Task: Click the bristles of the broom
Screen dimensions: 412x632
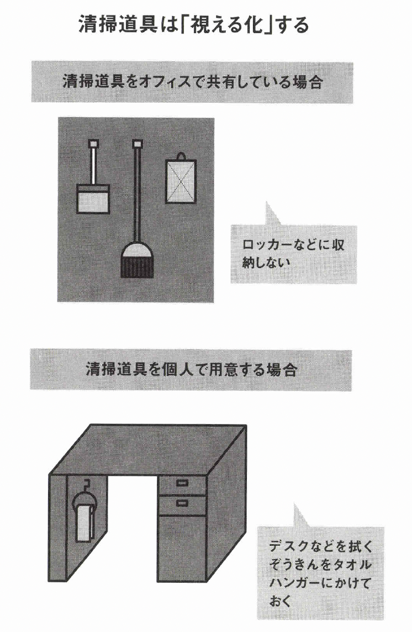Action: pos(137,267)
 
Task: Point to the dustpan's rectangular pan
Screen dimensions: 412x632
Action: pos(93,199)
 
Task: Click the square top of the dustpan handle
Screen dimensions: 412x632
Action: pos(94,143)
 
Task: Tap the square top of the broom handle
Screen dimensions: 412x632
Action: pos(138,143)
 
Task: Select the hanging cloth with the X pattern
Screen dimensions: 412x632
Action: pos(181,181)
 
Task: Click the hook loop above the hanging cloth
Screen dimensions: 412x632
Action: pos(181,156)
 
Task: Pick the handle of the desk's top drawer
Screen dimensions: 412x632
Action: pos(182,483)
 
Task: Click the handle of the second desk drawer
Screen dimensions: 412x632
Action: pos(182,503)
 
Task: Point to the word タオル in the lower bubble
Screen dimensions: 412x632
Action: pos(352,565)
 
